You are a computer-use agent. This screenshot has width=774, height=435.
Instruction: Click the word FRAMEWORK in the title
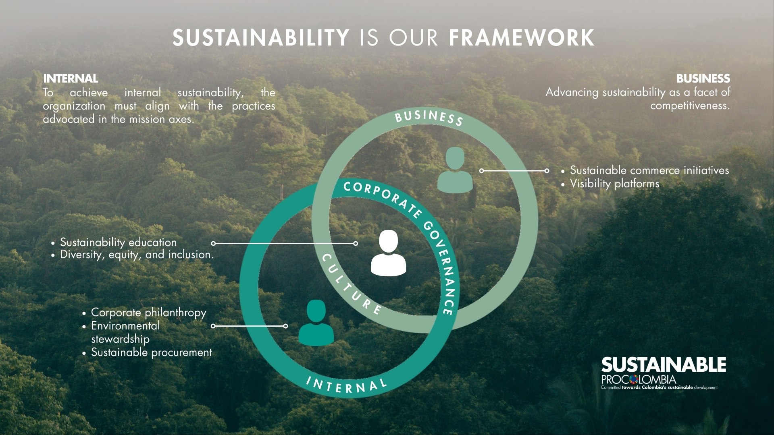pos(522,37)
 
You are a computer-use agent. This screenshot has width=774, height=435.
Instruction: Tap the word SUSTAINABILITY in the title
pos(261,37)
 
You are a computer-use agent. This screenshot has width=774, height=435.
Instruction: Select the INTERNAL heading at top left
pos(71,79)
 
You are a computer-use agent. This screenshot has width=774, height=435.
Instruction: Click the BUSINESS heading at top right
pos(703,79)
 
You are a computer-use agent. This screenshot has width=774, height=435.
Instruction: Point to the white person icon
pos(388,253)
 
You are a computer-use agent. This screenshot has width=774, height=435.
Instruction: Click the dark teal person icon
pos(316,323)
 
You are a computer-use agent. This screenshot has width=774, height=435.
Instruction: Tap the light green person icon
pos(455,170)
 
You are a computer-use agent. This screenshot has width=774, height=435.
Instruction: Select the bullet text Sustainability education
pos(118,242)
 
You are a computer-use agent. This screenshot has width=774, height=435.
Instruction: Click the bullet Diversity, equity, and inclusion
pos(137,255)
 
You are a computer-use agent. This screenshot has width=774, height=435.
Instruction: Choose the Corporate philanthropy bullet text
pos(148,313)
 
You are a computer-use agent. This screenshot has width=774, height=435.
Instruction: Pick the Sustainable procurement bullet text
pos(152,352)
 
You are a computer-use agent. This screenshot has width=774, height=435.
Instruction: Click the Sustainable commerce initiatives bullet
pos(649,170)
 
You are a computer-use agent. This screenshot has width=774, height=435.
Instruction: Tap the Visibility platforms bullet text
pos(615,184)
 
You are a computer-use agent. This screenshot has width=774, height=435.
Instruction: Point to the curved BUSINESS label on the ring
pos(429,118)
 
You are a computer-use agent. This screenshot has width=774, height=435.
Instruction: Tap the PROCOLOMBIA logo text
pos(639,379)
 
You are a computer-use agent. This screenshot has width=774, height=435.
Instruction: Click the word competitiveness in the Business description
pos(690,106)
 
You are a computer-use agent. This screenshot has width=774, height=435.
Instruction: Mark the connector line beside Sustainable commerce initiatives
pos(514,171)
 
